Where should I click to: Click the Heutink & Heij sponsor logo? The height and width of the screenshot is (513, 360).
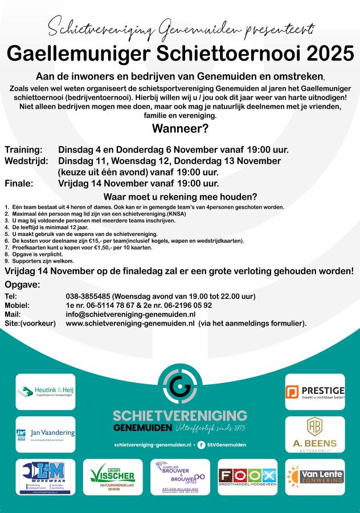click(x=46, y=392)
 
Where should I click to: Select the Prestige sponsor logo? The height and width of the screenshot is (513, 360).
click(x=315, y=392)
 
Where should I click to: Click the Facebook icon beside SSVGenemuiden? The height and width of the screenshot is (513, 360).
click(x=201, y=444)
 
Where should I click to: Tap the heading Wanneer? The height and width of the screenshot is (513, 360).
click(x=180, y=128)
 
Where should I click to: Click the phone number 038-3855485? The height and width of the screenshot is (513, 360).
click(x=88, y=296)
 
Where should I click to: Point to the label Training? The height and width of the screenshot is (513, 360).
click(x=23, y=150)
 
